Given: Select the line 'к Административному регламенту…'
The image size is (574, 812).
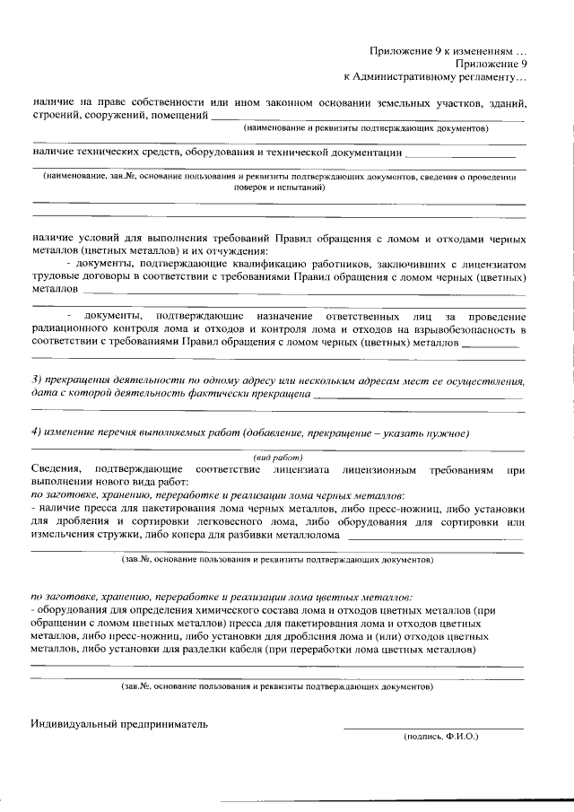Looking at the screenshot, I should (x=436, y=78).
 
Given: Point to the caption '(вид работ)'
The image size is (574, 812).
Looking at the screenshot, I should (x=277, y=458).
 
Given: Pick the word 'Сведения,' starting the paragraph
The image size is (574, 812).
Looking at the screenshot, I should (x=56, y=469).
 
